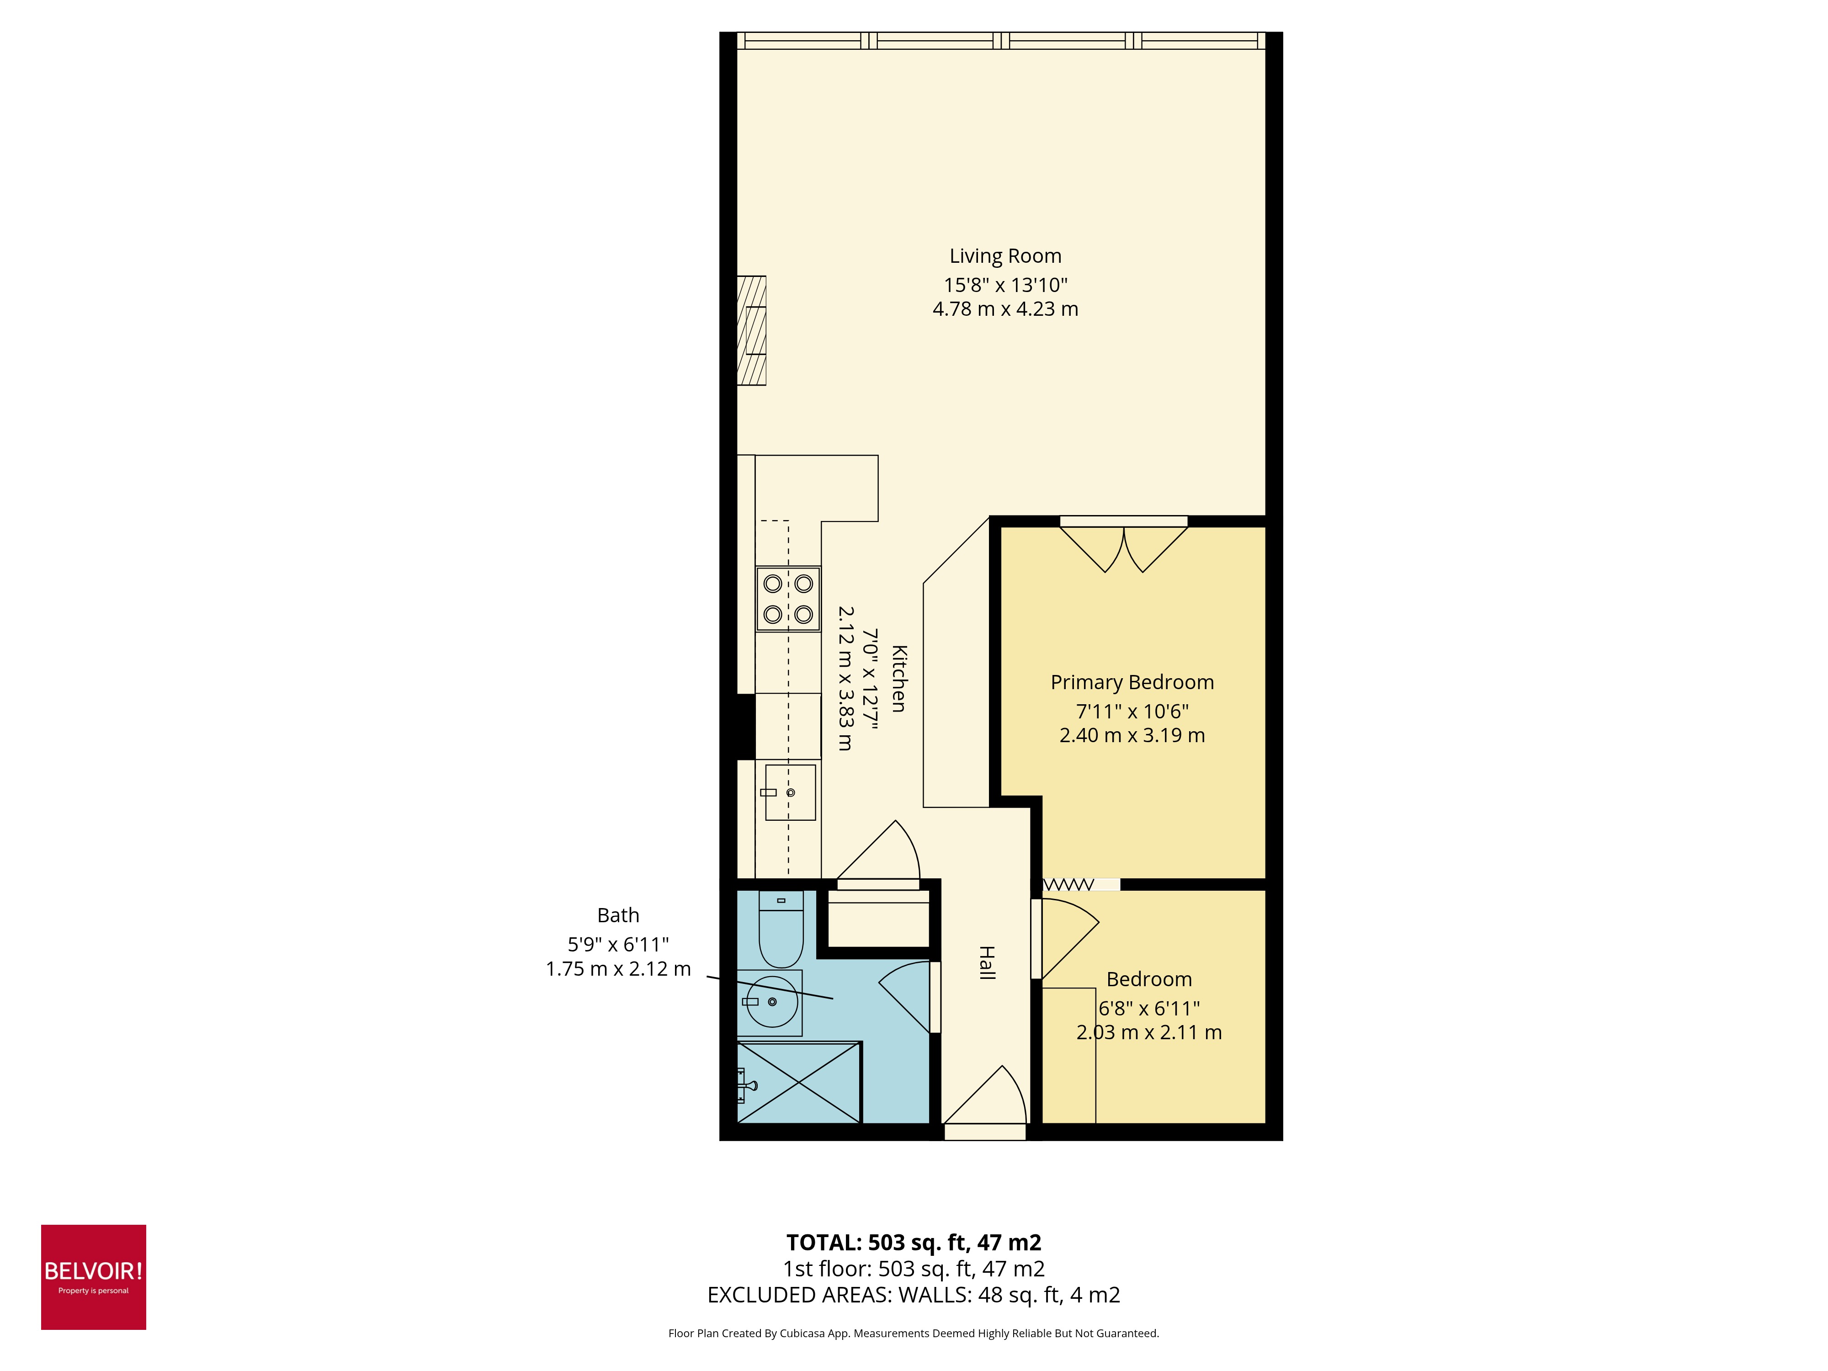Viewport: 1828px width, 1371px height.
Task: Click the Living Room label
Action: (1005, 256)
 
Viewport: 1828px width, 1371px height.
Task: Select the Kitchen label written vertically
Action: (899, 679)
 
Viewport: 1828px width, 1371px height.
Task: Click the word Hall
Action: (987, 963)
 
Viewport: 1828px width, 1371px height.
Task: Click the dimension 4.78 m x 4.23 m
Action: (1005, 309)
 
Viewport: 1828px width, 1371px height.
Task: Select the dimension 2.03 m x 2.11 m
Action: (1149, 1032)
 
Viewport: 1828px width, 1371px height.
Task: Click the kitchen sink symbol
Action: (790, 792)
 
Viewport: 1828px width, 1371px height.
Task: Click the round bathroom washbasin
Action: (772, 1002)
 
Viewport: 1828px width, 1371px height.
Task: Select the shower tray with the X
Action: (798, 1083)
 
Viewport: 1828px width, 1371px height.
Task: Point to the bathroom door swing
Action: (908, 996)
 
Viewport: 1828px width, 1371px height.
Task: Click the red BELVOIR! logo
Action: (93, 1277)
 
